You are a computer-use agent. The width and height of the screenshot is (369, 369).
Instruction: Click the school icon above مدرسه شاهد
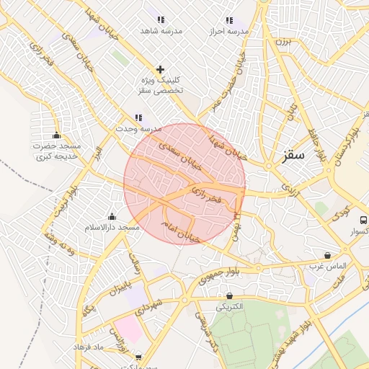pos(160,19)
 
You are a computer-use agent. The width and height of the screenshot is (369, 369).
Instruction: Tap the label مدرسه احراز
pos(229,32)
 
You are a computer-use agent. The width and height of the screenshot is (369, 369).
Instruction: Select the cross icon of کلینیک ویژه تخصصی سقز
pos(160,69)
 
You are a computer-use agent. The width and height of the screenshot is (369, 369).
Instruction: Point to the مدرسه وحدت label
pos(138,128)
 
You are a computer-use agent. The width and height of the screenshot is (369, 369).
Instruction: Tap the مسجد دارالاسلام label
pos(111,228)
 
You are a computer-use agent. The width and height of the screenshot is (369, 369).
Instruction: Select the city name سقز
pos(294,155)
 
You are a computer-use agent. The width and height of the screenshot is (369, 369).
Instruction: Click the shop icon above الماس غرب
pos(328,255)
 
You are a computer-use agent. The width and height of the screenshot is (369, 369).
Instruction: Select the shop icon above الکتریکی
pos(229,295)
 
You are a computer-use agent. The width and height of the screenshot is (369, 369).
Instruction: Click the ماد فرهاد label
pos(89,347)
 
